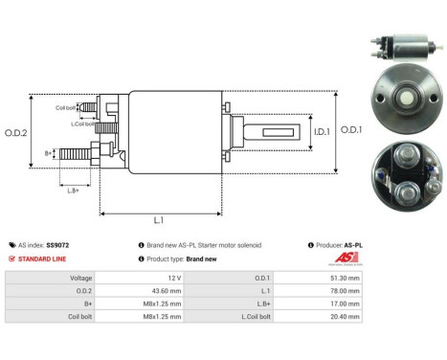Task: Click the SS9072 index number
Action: tap(59, 245)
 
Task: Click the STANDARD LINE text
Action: tap(45, 259)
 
